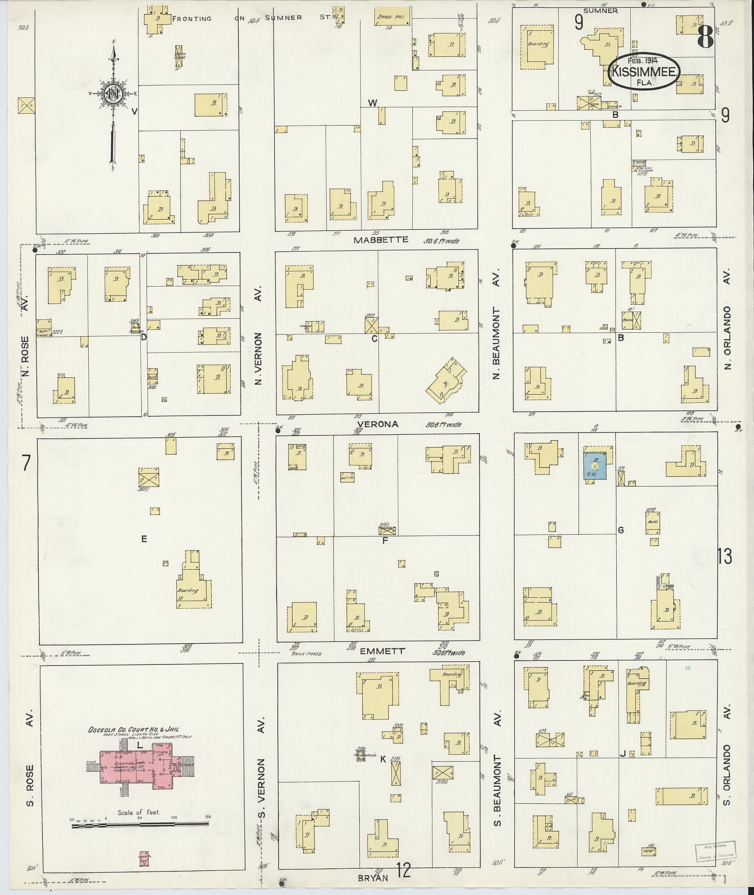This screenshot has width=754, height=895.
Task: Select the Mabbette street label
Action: pos(380,240)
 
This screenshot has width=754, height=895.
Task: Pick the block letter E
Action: pos(144,539)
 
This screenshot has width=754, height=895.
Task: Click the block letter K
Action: pos(383,759)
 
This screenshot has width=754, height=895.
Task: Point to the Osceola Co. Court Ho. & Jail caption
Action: pos(133,730)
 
